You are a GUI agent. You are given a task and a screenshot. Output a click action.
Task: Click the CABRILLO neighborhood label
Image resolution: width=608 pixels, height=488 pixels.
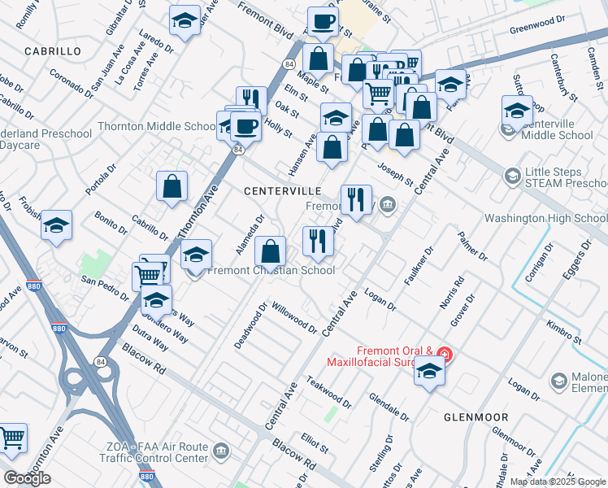53,50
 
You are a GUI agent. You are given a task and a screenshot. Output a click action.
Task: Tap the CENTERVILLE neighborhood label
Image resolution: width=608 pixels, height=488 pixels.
283,190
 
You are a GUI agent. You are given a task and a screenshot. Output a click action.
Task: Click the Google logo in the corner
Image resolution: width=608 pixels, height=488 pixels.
27,478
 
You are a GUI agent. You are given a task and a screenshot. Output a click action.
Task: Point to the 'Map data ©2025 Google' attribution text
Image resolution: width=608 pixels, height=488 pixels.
557,481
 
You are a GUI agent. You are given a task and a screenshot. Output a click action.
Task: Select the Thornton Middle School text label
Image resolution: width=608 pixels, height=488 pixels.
156,126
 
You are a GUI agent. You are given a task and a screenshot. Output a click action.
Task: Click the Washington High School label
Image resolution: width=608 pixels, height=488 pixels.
545,219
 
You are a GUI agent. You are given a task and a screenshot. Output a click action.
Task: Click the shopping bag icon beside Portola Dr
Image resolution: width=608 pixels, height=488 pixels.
172,186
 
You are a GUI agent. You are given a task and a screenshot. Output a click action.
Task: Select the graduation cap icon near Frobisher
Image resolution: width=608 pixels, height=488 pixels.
56,225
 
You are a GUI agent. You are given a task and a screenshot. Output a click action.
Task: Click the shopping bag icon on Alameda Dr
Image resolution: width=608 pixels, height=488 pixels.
271,251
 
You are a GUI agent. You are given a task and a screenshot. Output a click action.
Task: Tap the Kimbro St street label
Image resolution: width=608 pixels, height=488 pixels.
563,332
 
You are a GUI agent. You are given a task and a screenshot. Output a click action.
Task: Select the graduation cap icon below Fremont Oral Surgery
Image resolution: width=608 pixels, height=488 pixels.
429,373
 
